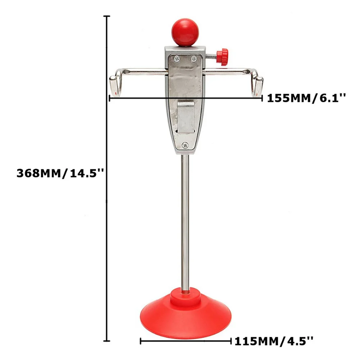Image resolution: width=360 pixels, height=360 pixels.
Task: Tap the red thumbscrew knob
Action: pyautogui.click(x=224, y=57)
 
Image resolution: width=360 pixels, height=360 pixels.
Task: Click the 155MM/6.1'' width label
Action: pyautogui.click(x=306, y=98)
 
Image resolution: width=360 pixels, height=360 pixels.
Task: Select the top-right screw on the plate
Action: pyautogui.click(x=194, y=58)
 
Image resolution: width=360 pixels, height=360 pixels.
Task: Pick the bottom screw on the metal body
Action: pyautogui.click(x=185, y=145)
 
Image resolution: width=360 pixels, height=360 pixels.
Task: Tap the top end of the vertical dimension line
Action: pyautogui.click(x=106, y=17)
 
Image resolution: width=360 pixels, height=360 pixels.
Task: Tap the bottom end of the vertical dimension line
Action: pyautogui.click(x=106, y=341)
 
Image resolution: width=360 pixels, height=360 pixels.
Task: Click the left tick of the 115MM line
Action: pyautogui.click(x=141, y=340)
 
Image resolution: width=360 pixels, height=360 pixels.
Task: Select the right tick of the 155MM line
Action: pyautogui.click(x=261, y=97)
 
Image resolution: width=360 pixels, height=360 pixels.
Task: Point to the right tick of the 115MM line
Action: pyautogui.click(x=231, y=340)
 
